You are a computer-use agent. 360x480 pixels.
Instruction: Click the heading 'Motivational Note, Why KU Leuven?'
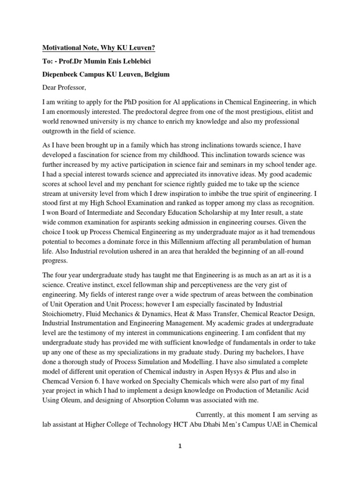[99, 48]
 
